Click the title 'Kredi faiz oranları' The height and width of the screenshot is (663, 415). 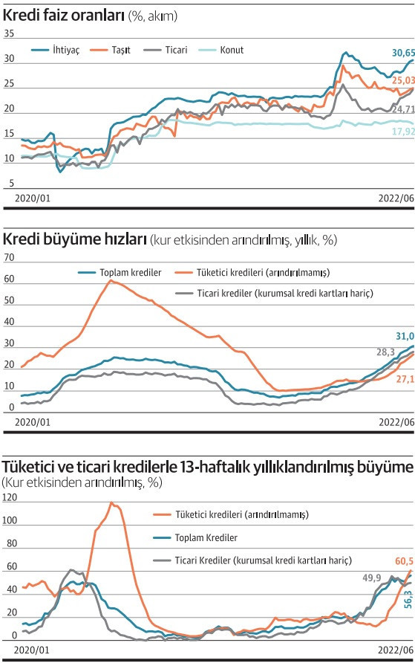pyautogui.click(x=63, y=16)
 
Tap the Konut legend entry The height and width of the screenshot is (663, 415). pyautogui.click(x=220, y=50)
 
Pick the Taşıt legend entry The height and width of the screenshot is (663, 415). pyautogui.click(x=110, y=50)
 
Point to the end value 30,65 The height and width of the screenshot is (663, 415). pyautogui.click(x=403, y=53)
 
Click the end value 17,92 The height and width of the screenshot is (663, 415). pyautogui.click(x=403, y=132)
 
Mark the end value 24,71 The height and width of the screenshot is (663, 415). pyautogui.click(x=403, y=109)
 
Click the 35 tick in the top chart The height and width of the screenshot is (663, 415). pyautogui.click(x=9, y=34)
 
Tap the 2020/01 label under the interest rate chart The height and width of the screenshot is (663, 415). pyautogui.click(x=33, y=198)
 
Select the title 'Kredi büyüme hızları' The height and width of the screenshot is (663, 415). pyautogui.click(x=74, y=239)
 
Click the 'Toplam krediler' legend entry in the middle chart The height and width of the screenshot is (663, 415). pyautogui.click(x=120, y=273)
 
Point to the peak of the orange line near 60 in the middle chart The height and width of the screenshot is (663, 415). pyautogui.click(x=111, y=280)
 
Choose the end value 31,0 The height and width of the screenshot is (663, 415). pyautogui.click(x=405, y=336)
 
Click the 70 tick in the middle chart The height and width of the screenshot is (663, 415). pyautogui.click(x=9, y=257)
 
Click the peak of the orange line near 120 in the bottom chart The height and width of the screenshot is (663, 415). pyautogui.click(x=111, y=502)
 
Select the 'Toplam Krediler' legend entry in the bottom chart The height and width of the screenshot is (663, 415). pyautogui.click(x=195, y=537)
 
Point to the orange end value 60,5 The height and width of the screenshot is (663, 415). pyautogui.click(x=404, y=561)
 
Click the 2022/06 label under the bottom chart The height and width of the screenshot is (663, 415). pyautogui.click(x=396, y=650)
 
